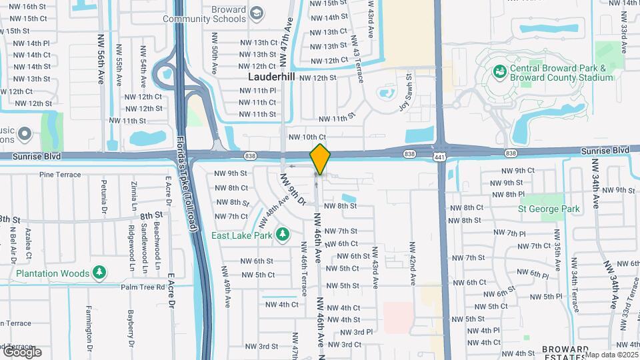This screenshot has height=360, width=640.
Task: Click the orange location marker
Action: coord(320,159)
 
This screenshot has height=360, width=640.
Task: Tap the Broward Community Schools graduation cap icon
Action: coord(257,13)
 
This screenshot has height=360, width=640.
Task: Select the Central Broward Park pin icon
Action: coord(498,70)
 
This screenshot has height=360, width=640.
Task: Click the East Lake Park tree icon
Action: coord(283,234)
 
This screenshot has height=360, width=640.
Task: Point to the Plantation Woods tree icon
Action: coord(99,273)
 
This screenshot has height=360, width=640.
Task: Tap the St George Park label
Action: coord(549,209)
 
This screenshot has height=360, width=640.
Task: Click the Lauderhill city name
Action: coord(271,77)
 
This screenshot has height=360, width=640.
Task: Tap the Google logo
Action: coord(21,352)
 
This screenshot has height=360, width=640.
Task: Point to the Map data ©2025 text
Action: coord(611,355)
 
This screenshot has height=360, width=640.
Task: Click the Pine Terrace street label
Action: coord(59,175)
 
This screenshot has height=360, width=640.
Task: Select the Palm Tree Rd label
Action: coord(142,287)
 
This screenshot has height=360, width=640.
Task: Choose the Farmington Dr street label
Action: coord(89,328)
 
